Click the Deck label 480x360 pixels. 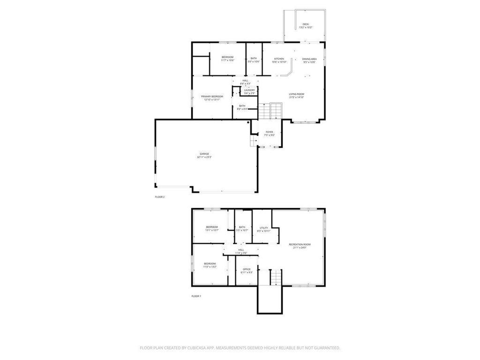[x=306, y=24]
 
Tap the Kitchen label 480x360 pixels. [x=279, y=59]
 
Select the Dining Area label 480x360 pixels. [x=309, y=59]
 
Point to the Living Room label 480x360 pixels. [x=296, y=94]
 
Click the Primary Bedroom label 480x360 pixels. [x=212, y=97]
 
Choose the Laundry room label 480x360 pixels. [x=249, y=90]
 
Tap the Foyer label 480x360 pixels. [x=270, y=132]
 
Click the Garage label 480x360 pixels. [x=204, y=154]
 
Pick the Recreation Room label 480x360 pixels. [x=300, y=244]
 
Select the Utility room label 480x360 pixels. [x=264, y=228]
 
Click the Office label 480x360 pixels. [x=247, y=269]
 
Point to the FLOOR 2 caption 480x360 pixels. [x=160, y=197]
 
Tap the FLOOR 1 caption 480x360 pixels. [x=196, y=296]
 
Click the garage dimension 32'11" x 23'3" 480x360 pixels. [x=204, y=157]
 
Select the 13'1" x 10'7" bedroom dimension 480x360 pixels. [x=212, y=231]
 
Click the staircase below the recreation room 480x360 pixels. [x=271, y=277]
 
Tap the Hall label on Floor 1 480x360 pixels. [x=241, y=250]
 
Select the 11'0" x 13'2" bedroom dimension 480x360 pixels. [x=210, y=267]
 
